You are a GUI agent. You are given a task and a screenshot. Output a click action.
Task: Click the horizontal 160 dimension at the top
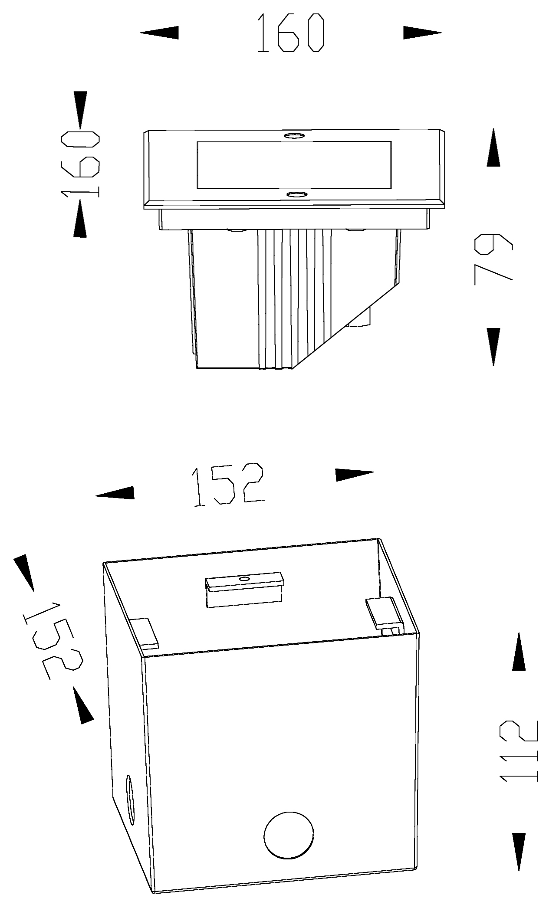click(x=291, y=33)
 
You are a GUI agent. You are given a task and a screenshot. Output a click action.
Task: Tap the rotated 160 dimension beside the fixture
click(x=81, y=164)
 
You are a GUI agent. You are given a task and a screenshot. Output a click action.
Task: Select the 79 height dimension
click(x=493, y=259)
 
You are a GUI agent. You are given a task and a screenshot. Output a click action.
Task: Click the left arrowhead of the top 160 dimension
click(x=159, y=33)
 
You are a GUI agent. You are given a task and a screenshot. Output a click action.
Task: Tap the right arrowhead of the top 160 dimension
click(x=422, y=33)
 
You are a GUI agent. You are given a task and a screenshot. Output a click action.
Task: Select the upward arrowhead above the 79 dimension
click(x=493, y=148)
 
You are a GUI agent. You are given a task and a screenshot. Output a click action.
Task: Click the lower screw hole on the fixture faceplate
click(x=296, y=194)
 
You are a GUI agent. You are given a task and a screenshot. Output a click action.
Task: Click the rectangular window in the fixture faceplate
click(x=294, y=165)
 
